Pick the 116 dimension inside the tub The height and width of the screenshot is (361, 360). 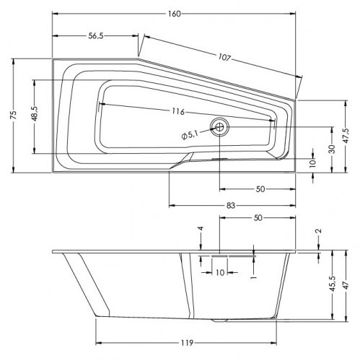click(x=178, y=112)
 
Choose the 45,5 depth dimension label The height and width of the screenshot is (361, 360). click(x=331, y=287)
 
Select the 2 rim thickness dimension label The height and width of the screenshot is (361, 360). click(x=319, y=231)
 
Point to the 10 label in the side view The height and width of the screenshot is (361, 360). click(x=220, y=272)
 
